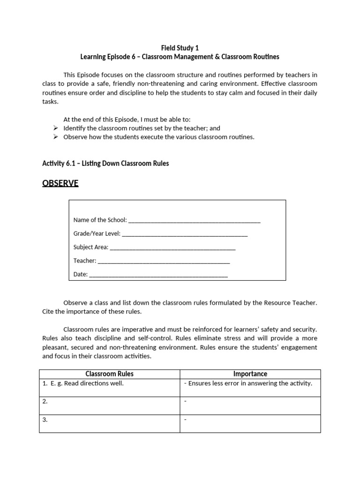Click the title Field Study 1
[x=180, y=48]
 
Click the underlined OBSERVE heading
[x=60, y=183]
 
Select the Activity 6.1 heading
[x=105, y=163]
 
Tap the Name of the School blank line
[x=194, y=220]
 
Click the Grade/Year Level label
[x=97, y=233]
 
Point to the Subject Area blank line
[x=172, y=247]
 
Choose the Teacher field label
[x=85, y=261]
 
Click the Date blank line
[x=158, y=275]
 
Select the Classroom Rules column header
[x=109, y=374]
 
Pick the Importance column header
[x=250, y=374]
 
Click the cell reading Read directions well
[x=86, y=383]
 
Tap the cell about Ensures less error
[x=250, y=383]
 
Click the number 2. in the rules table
[x=45, y=402]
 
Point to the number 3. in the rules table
[x=45, y=420]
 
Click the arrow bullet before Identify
[x=56, y=128]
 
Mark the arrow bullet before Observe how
[x=56, y=137]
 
